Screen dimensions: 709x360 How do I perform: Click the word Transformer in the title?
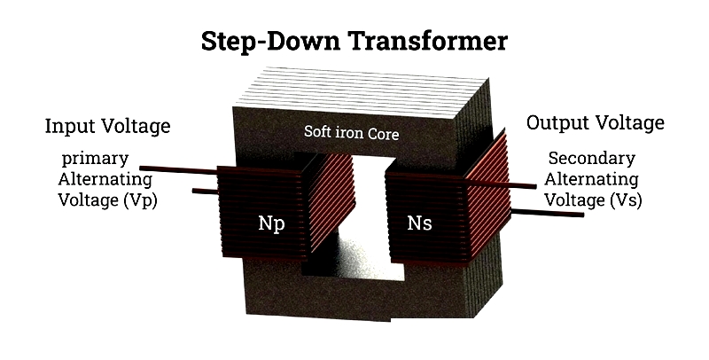[428, 41]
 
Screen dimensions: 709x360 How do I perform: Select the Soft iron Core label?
[351, 132]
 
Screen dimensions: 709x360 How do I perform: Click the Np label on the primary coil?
[271, 223]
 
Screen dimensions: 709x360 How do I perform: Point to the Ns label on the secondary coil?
[419, 223]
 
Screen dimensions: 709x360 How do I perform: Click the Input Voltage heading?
[107, 126]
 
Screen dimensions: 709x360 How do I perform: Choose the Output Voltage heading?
[595, 122]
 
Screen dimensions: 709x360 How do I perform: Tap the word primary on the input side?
[96, 160]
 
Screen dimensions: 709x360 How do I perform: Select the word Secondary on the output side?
[592, 159]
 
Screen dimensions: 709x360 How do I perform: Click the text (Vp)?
[140, 200]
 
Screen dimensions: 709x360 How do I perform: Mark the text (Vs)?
[626, 200]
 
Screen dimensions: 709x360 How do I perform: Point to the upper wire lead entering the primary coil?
[179, 170]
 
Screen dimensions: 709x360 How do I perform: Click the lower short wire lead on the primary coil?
[206, 192]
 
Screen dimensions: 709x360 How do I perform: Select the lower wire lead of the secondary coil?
[547, 213]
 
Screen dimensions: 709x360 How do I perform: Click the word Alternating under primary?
[105, 179]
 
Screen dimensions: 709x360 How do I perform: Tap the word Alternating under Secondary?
[591, 179]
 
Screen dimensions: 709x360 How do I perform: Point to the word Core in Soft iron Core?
[383, 133]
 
